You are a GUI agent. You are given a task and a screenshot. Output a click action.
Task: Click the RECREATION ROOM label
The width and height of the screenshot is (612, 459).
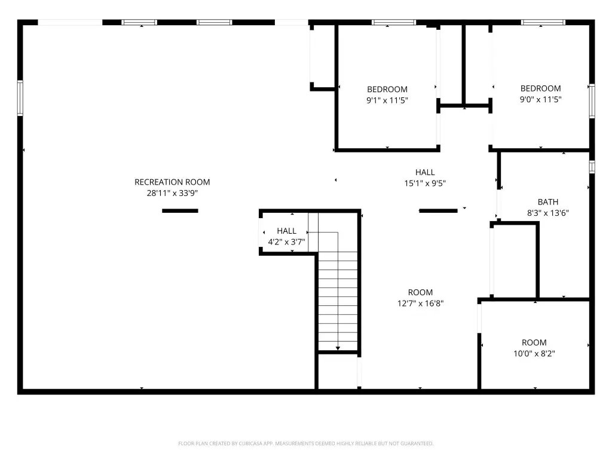[x=172, y=182]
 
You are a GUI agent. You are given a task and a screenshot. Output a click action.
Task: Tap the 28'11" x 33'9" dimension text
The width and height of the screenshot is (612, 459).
[x=172, y=193]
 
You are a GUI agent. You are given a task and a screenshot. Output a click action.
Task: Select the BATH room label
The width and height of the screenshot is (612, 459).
[x=548, y=202]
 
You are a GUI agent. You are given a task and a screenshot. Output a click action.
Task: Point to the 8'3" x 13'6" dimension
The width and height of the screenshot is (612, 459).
[x=548, y=213]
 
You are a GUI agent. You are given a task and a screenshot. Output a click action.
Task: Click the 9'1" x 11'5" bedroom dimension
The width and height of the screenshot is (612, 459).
[x=387, y=100]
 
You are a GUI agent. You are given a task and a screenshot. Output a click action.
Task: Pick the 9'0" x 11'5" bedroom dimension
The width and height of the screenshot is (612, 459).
[x=540, y=100]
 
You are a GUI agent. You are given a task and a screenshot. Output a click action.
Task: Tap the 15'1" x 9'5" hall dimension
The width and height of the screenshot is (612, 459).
[x=425, y=183]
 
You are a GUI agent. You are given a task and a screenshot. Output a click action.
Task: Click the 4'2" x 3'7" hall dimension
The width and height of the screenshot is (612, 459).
[x=286, y=242]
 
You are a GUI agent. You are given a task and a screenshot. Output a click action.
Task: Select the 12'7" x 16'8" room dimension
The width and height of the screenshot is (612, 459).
[x=420, y=303]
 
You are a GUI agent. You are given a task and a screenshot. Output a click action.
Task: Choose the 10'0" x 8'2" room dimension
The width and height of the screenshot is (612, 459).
[x=534, y=354]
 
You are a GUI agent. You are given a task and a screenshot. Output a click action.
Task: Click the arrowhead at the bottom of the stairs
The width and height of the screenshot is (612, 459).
[x=338, y=348]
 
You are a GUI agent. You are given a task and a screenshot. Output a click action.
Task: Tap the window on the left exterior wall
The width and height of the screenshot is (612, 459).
[x=20, y=98]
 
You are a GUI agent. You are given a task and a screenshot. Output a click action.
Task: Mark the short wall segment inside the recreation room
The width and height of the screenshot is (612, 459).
[x=180, y=211]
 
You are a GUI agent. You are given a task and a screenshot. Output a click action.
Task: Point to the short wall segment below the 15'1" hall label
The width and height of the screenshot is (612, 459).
[x=438, y=211]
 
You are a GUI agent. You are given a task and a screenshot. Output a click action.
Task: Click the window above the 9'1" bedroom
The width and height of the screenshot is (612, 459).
[x=394, y=22]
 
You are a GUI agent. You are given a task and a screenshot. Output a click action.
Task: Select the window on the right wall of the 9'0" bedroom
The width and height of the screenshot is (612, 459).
[x=592, y=100]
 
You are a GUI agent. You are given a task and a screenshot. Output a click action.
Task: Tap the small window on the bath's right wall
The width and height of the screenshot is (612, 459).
[x=592, y=167]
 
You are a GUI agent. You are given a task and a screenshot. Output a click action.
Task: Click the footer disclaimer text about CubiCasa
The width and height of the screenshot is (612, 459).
[x=305, y=443]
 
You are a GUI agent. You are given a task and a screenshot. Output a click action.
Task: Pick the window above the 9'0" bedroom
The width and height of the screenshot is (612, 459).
[x=543, y=22]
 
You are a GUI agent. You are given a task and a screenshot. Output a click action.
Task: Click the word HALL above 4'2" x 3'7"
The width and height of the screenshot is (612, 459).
[x=286, y=231]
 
